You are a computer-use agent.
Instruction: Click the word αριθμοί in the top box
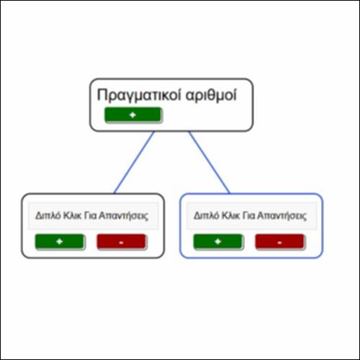(211, 95)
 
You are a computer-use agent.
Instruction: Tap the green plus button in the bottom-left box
(60, 241)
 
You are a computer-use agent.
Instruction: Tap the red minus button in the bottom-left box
(121, 241)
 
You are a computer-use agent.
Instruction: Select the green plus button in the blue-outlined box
(218, 241)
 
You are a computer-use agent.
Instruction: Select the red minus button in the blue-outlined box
(279, 241)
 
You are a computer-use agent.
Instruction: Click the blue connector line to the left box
(134, 162)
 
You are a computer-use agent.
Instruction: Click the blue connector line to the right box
(210, 162)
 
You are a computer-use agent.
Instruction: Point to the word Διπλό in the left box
(48, 216)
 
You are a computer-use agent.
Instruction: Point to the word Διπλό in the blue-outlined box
(207, 216)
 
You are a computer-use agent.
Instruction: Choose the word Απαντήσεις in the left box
(124, 216)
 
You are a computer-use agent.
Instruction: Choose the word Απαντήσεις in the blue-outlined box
(282, 216)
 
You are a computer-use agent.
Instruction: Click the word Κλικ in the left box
(72, 216)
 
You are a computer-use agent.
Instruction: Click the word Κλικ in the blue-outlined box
(230, 216)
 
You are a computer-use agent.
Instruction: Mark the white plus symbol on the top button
(132, 115)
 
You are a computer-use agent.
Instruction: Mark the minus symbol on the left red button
(121, 243)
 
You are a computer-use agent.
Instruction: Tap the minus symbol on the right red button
(279, 243)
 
